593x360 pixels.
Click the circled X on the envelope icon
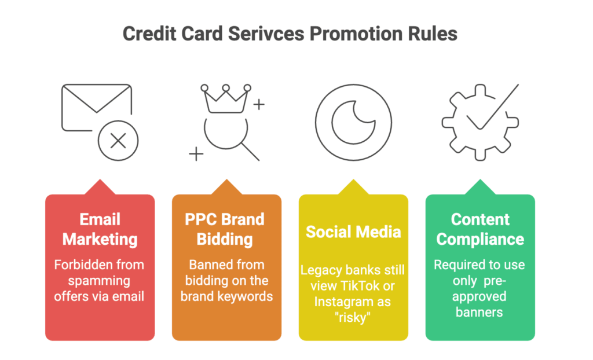click(x=118, y=141)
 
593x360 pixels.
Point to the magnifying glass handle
click(x=250, y=151)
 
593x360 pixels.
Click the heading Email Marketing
click(x=100, y=229)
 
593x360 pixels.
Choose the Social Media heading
click(x=353, y=232)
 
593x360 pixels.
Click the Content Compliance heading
click(x=480, y=229)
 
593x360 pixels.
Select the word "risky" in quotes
click(x=353, y=317)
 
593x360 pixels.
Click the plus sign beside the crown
click(x=259, y=105)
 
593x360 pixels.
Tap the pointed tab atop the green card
click(x=480, y=188)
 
